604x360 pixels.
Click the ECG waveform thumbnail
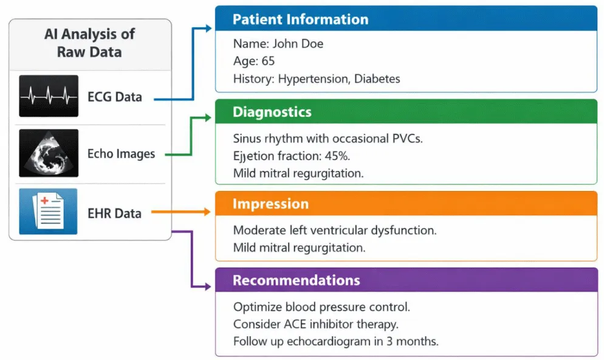click(x=49, y=96)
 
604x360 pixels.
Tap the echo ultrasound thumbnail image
click(x=49, y=153)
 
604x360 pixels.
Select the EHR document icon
click(x=48, y=211)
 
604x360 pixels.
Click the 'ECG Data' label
click(x=115, y=97)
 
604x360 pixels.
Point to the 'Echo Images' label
click(x=121, y=154)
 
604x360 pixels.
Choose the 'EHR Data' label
click(x=114, y=213)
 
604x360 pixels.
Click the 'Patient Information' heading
click(x=300, y=19)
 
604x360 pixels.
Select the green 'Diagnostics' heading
click(x=272, y=112)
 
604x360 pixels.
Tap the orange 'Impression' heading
click(x=270, y=204)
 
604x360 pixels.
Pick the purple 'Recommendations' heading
click(x=296, y=280)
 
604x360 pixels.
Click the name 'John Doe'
click(x=298, y=44)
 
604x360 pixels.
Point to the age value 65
click(x=268, y=61)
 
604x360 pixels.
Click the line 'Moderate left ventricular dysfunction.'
click(x=335, y=230)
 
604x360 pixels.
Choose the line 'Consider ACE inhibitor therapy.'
click(x=316, y=324)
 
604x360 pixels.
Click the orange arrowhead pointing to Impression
click(x=207, y=212)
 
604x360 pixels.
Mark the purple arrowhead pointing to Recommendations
click(x=207, y=286)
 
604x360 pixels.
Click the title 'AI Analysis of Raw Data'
click(x=89, y=43)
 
